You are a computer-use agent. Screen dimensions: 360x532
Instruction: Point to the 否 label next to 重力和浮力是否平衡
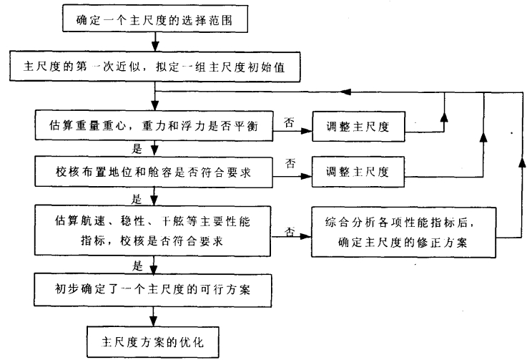(289, 122)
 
